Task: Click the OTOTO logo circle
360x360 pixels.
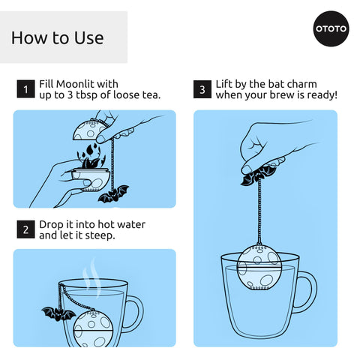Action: (x=331, y=28)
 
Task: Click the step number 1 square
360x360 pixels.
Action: (x=25, y=89)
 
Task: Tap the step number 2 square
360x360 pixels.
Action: (x=25, y=229)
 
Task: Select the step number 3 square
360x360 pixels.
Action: (x=202, y=89)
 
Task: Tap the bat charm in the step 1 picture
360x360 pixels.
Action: (x=113, y=194)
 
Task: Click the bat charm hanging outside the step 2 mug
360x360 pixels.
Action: (x=58, y=314)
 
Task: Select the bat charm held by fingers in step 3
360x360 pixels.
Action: (x=259, y=175)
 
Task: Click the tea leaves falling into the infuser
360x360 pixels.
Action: (x=91, y=156)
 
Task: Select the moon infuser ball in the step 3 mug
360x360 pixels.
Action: (x=259, y=268)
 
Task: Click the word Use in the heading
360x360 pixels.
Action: (x=89, y=38)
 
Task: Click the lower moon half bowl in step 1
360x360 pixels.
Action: (x=91, y=180)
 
